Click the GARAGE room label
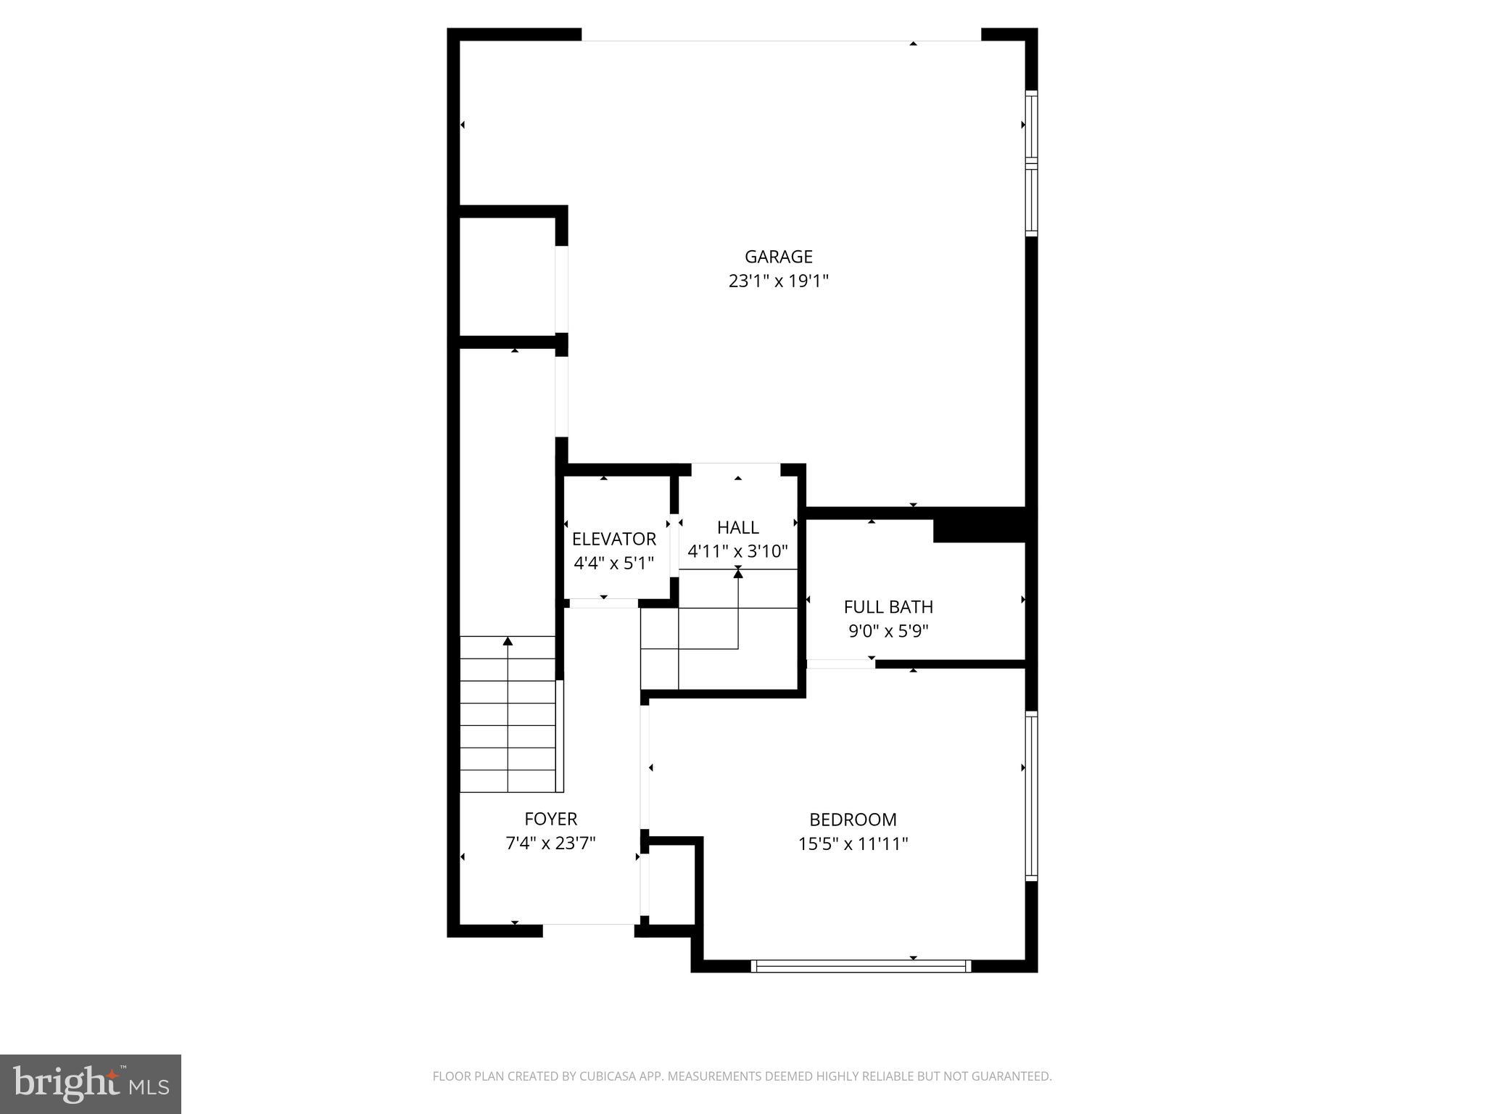click(x=778, y=257)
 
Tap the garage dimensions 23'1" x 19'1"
click(x=778, y=281)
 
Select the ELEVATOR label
click(x=613, y=539)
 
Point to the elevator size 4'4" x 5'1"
click(x=613, y=563)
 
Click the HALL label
click(x=737, y=527)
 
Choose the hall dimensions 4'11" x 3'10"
click(x=737, y=551)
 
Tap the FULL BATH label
click(x=888, y=607)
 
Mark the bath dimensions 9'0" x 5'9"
click(x=888, y=631)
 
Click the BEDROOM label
click(x=853, y=820)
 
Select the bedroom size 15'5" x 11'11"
click(x=853, y=844)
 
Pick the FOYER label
click(x=550, y=819)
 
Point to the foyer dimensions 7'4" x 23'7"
click(x=550, y=843)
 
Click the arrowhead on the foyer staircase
click(x=508, y=641)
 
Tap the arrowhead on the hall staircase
click(x=738, y=574)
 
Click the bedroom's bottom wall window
click(x=861, y=965)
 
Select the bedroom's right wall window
click(x=1031, y=796)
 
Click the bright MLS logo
click(x=91, y=1084)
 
